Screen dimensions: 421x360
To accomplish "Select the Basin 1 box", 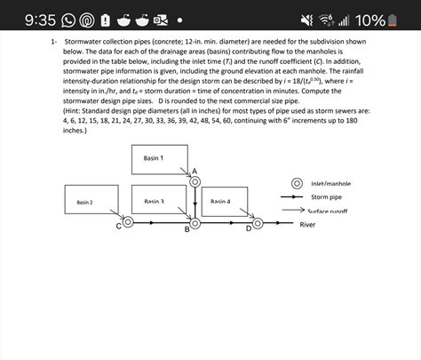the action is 154,158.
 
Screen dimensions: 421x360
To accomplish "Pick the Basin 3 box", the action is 158,200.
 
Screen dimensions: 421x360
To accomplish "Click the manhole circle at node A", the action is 195,180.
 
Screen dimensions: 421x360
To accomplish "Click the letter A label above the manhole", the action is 195,170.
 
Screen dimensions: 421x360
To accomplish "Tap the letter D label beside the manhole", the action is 248,229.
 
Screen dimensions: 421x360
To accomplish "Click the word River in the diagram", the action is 307,225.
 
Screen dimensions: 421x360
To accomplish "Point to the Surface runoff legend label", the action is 328,211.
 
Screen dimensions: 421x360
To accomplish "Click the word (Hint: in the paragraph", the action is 76,110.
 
